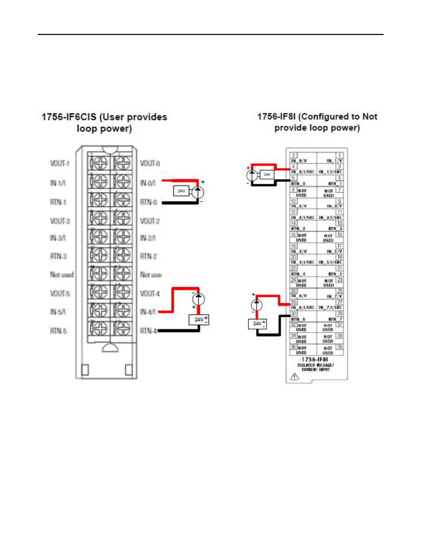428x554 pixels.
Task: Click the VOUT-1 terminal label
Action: tap(59, 163)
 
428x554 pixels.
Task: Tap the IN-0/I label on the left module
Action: tap(148, 183)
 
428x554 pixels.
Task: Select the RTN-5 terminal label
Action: tap(58, 331)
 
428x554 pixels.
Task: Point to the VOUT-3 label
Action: tap(59, 221)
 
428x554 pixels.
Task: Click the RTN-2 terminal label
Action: tap(148, 256)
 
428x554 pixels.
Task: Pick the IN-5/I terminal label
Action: tap(58, 312)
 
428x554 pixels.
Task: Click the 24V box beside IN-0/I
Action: tap(181, 191)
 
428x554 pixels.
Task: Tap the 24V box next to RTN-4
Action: tap(199, 319)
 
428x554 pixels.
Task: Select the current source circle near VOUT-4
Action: tap(198, 299)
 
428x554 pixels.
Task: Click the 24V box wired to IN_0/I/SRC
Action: tap(267, 174)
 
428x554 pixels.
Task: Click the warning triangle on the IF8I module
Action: tap(294, 376)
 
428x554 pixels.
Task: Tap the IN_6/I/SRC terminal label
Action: tap(303, 307)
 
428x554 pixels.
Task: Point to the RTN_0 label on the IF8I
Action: tap(298, 184)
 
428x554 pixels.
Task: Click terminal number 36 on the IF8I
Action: tap(293, 347)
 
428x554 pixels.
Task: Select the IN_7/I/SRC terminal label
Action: tap(330, 307)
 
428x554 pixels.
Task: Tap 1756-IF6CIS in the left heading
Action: tap(69, 117)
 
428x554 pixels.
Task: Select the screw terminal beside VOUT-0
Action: tap(123, 163)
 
